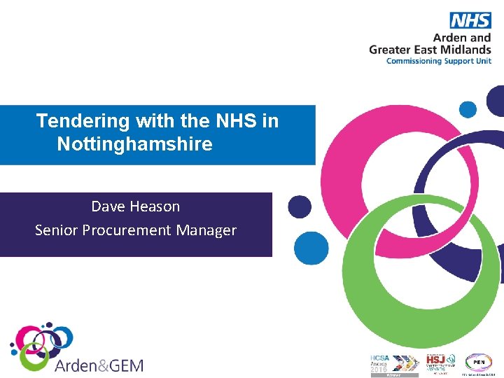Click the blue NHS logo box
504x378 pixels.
coord(470,20)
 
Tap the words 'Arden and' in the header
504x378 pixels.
coord(462,38)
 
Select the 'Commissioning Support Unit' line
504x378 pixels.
coord(439,61)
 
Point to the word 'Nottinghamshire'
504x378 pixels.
coord(134,145)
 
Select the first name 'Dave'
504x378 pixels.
coord(107,206)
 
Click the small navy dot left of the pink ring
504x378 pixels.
coord(300,206)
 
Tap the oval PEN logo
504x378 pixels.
coord(479,362)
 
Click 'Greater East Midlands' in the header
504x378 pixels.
coord(430,50)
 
